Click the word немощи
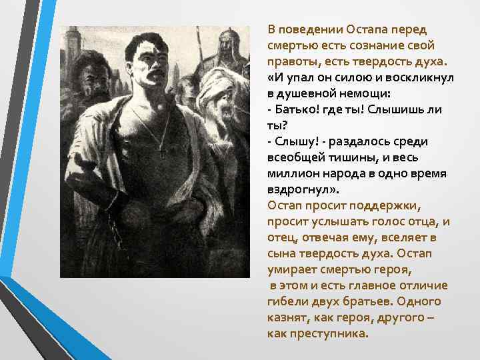pos(364,94)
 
